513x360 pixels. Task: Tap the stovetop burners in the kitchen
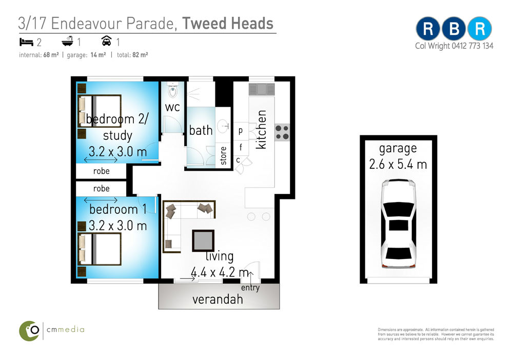[282, 132]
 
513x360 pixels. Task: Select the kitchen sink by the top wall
[262, 89]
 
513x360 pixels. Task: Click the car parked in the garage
[398, 224]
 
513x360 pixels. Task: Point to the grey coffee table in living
[203, 241]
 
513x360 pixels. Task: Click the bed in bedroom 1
[100, 249]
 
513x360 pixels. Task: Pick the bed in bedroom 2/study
[100, 111]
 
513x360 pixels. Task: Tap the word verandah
[218, 299]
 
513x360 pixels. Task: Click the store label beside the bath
[223, 155]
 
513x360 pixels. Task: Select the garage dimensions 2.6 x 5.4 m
[398, 164]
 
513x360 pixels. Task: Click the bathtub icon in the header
[67, 41]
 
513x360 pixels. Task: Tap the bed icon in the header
[26, 42]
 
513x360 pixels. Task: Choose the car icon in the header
[106, 41]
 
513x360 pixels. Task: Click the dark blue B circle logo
[454, 29]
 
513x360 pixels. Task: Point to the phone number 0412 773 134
[472, 46]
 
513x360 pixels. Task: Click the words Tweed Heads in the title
[228, 23]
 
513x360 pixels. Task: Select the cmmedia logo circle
[29, 331]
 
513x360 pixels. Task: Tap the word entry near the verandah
[250, 288]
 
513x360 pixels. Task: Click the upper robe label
[102, 171]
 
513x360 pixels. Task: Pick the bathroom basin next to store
[224, 126]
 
